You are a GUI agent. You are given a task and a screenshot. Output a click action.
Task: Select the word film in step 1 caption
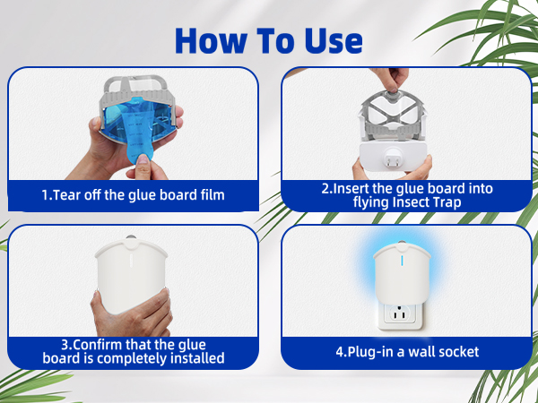point(213,194)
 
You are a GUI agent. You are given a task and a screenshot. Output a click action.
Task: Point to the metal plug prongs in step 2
point(392,159)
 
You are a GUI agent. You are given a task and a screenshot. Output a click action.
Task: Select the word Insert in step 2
point(351,188)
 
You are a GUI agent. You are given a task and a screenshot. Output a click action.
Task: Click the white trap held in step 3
point(131,275)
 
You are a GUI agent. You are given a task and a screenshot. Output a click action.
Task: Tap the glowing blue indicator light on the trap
point(402,260)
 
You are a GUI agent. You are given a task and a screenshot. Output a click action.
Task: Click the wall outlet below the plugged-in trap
point(399,315)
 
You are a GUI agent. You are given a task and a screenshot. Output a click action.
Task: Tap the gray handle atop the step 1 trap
point(137,83)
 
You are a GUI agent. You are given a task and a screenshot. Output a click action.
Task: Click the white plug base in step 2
point(394,157)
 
